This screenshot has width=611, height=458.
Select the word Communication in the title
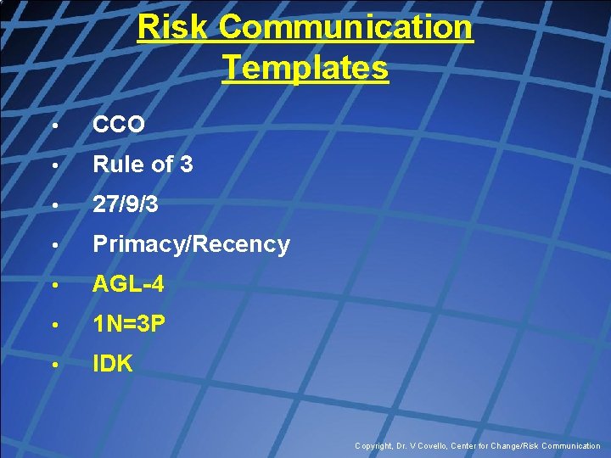tap(345, 27)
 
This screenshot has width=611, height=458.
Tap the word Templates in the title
tap(305, 67)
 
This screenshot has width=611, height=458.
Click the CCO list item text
tap(119, 125)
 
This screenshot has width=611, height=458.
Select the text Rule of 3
tap(143, 165)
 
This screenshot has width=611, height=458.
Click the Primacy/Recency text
tap(191, 245)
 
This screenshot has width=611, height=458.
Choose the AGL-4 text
tap(128, 286)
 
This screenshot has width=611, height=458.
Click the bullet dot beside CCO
tap(53, 126)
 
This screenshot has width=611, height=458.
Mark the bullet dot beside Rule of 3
tap(53, 165)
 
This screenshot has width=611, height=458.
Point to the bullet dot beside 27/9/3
tap(53, 205)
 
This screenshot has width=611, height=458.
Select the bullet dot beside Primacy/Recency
tap(53, 246)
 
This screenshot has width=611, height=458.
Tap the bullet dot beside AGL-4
tap(53, 287)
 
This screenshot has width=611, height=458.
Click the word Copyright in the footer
tap(374, 446)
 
